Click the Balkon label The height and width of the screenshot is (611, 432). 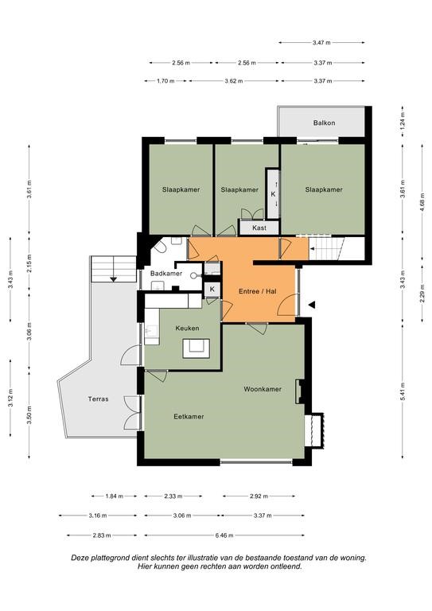(324, 123)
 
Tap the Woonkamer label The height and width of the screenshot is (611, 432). (263, 389)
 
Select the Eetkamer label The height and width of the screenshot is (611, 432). (189, 417)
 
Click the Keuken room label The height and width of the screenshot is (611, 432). (187, 328)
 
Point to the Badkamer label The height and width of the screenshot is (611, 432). (166, 274)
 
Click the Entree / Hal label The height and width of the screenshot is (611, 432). (258, 291)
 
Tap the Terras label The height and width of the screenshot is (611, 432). (98, 399)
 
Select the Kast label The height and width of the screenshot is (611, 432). (259, 228)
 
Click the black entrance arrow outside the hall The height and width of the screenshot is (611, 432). (311, 305)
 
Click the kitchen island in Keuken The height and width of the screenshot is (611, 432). (197, 348)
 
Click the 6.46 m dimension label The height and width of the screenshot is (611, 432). (224, 535)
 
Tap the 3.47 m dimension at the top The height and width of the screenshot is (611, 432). (321, 42)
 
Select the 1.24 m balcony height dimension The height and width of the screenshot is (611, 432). (403, 121)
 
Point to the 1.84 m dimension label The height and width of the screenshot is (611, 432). (114, 496)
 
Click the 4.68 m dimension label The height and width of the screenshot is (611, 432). (422, 202)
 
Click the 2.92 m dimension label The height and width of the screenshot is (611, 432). (259, 496)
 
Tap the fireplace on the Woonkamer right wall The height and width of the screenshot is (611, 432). (300, 391)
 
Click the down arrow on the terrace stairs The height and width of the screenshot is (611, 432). (113, 278)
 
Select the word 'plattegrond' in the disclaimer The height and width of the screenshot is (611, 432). (108, 558)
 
